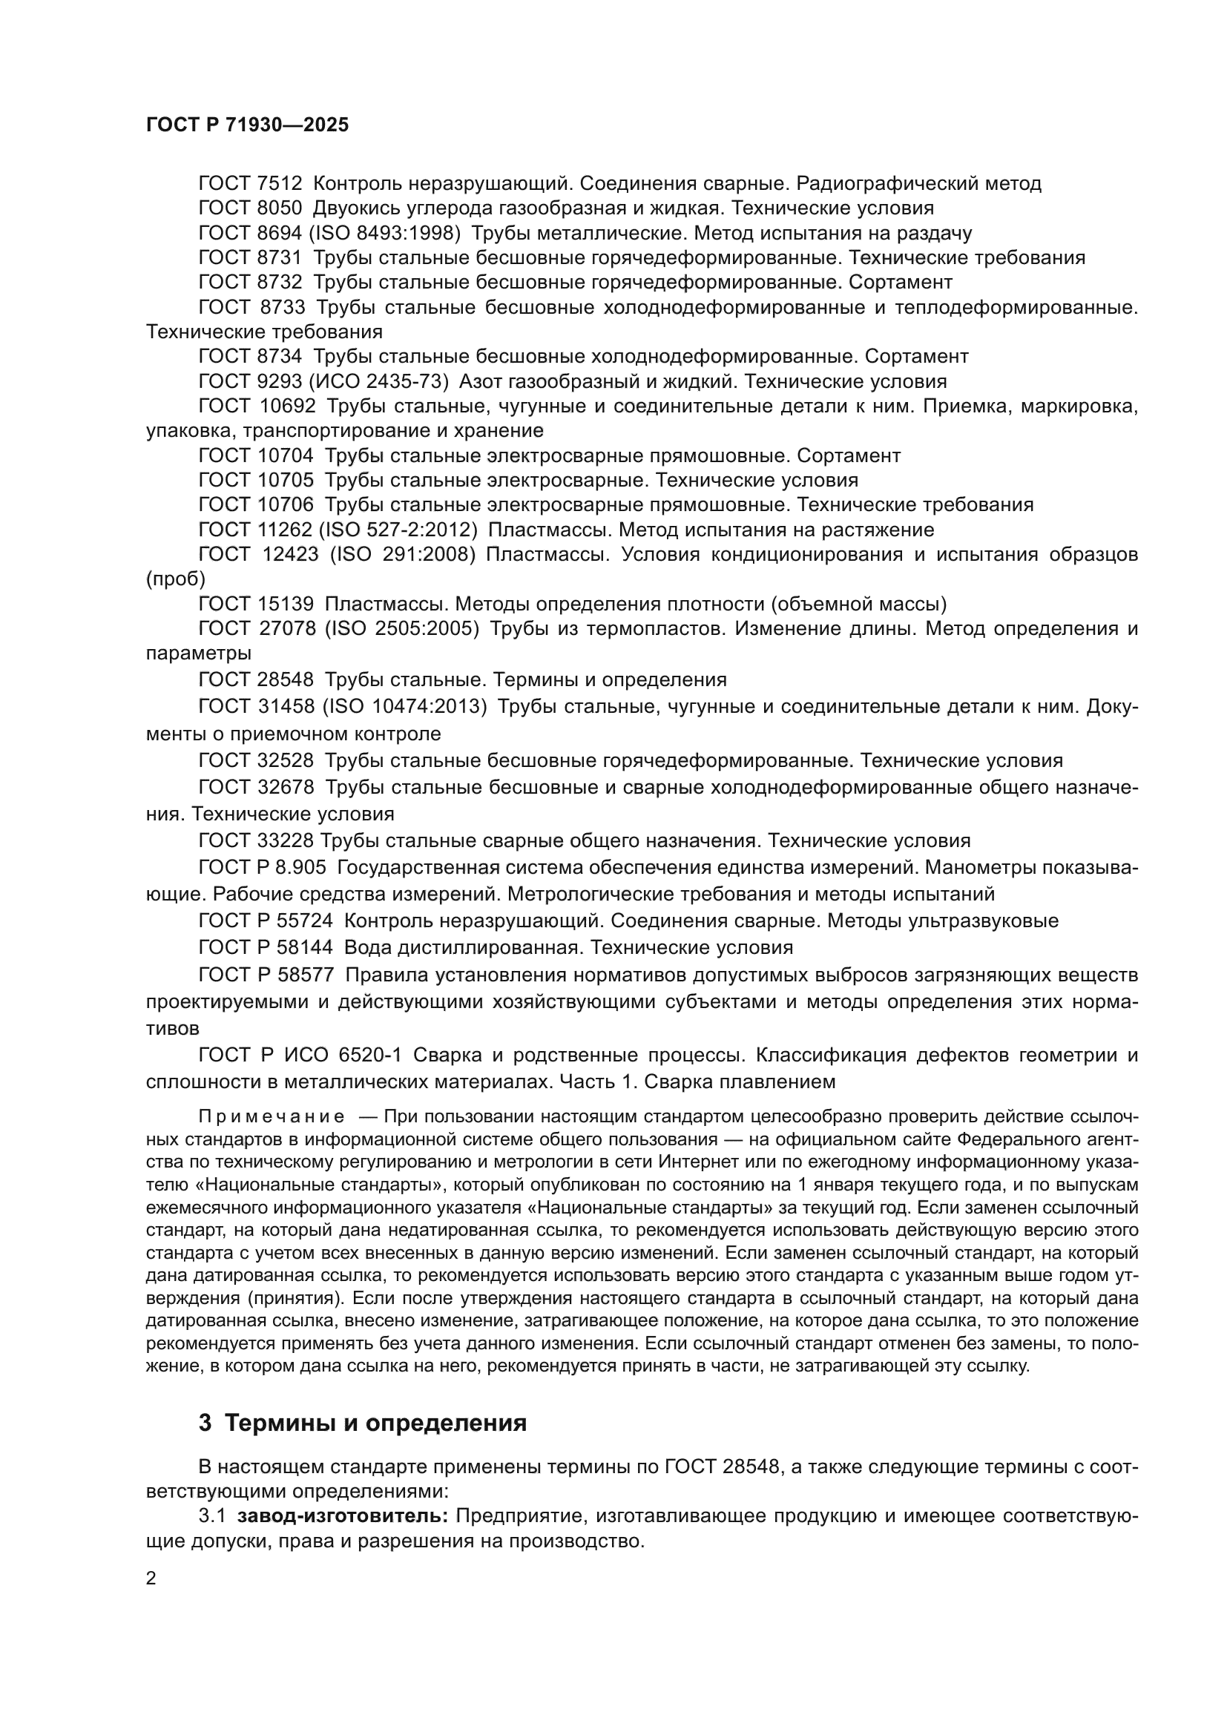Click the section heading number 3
[x=205, y=1423]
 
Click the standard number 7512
[x=279, y=184]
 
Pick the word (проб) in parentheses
[x=175, y=579]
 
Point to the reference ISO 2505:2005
[x=402, y=629]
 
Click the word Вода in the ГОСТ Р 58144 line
[x=366, y=947]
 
